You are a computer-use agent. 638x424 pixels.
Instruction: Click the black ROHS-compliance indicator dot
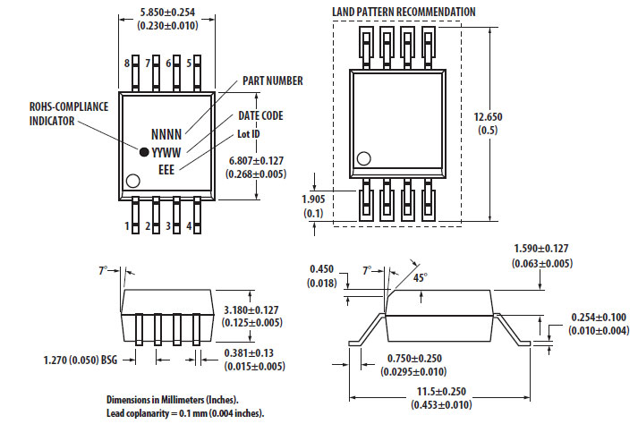coord(142,151)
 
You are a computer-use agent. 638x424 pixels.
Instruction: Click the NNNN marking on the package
coord(166,133)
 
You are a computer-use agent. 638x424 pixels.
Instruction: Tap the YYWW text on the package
coord(166,152)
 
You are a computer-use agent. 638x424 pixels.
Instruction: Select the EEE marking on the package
coord(166,169)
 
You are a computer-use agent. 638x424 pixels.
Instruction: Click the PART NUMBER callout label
coord(273,81)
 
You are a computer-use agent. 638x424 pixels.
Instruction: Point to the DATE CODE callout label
coord(260,116)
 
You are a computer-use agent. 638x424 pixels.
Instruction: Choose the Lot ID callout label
coord(249,134)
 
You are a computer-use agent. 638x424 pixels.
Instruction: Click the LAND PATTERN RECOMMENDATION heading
coord(404,12)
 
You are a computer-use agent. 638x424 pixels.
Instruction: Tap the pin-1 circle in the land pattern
coord(363,159)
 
